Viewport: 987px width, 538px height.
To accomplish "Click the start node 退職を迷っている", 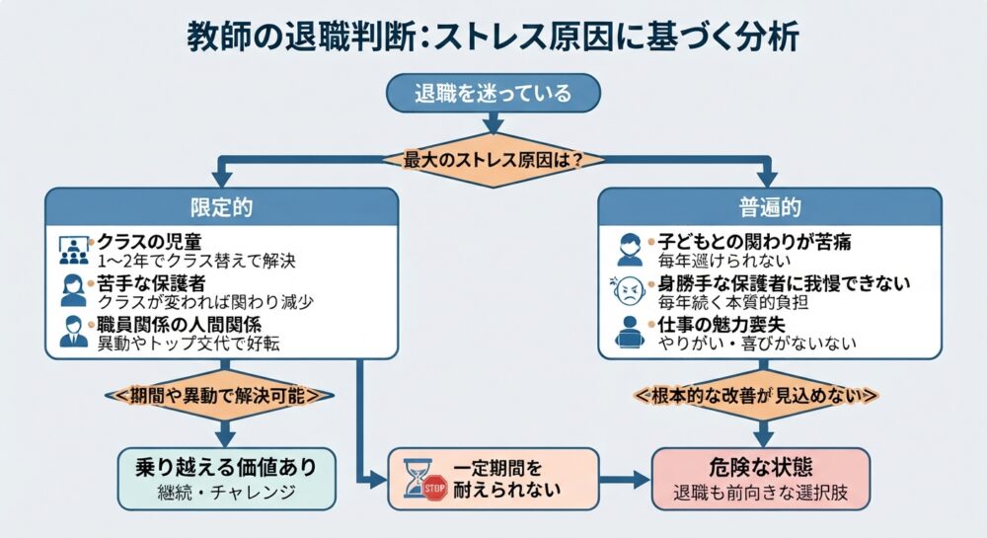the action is point(493,93).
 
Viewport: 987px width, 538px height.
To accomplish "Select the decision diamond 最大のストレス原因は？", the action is point(493,160).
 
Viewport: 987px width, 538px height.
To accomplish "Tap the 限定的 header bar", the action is point(221,207).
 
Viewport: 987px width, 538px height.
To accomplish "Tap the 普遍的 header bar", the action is point(769,207).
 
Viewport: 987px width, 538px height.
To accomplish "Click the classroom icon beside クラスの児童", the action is point(74,250).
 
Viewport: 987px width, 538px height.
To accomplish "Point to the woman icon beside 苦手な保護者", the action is point(74,290).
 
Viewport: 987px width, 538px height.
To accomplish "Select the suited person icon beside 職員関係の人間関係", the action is point(74,332).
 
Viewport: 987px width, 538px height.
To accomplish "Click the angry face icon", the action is point(628,290).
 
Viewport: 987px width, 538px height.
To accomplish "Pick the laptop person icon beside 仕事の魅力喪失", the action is point(630,333).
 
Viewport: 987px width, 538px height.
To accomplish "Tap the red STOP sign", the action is point(435,488).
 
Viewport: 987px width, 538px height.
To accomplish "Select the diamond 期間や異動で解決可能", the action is point(220,396).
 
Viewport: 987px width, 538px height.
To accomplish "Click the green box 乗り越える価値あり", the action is point(227,479).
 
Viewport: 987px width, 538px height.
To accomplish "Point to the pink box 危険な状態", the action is point(761,479).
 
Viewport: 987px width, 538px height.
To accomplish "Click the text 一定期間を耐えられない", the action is point(506,479).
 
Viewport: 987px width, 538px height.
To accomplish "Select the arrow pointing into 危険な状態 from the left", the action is point(625,480).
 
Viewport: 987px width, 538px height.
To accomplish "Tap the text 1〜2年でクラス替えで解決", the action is point(196,261).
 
